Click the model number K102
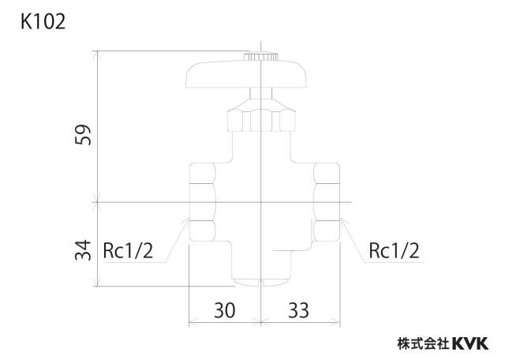[x=43, y=22]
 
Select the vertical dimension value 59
[x=83, y=135]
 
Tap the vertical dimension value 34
[x=83, y=249]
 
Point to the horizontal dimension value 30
[x=224, y=310]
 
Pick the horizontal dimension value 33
[x=298, y=310]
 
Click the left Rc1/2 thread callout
[x=128, y=251]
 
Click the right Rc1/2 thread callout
[x=395, y=251]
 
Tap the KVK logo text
[x=470, y=343]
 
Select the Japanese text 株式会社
[x=423, y=343]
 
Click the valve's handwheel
[x=247, y=74]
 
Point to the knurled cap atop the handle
[x=260, y=56]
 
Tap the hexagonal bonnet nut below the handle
[x=261, y=120]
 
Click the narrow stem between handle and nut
[x=261, y=93]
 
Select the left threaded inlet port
[x=202, y=202]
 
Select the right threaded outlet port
[x=327, y=202]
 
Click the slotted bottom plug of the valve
[x=261, y=283]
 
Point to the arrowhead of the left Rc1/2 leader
[x=188, y=219]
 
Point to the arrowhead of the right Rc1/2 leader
[x=341, y=219]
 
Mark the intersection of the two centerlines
[x=261, y=202]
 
